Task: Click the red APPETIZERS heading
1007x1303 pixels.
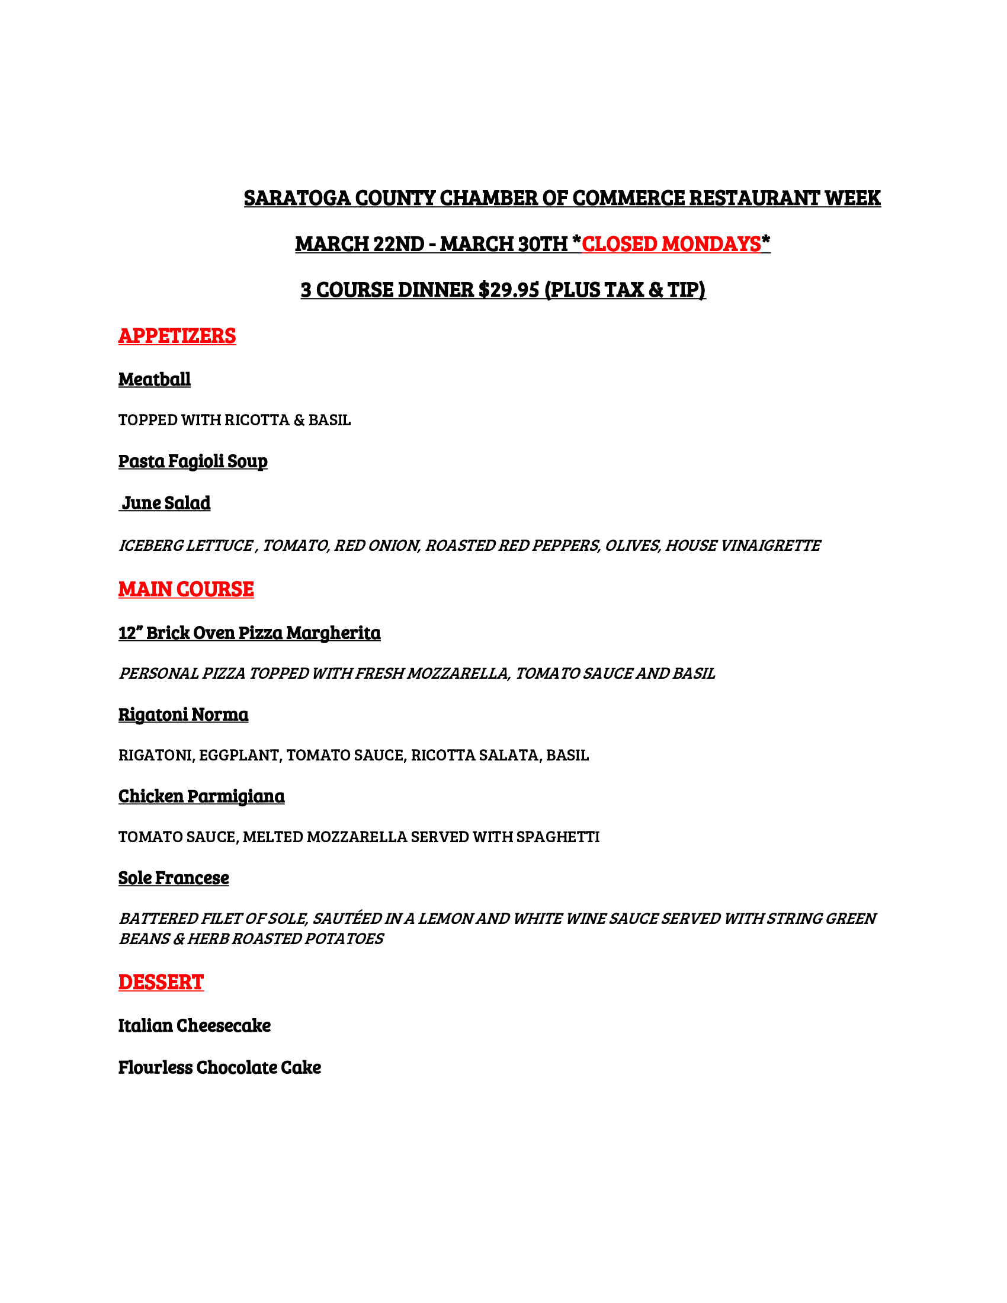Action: pos(177,336)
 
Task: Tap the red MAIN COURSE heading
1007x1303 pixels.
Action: pos(185,589)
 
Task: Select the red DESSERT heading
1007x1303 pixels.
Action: pos(161,983)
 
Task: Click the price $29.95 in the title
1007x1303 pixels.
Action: pos(508,290)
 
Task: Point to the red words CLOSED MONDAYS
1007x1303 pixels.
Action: pos(671,244)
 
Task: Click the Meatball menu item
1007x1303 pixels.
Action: pos(154,380)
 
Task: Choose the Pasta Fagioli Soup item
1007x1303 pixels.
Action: pos(193,461)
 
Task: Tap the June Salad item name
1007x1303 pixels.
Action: pos(166,503)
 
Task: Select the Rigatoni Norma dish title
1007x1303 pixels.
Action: pos(183,714)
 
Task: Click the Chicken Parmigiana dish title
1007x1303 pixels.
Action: pos(201,796)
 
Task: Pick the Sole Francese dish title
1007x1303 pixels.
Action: pos(173,878)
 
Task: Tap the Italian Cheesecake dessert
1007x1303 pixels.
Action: pos(194,1026)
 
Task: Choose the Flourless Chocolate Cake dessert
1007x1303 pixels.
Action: pos(219,1067)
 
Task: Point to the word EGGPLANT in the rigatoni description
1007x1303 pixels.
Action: pos(239,755)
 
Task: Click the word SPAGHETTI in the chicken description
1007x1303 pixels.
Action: pos(558,837)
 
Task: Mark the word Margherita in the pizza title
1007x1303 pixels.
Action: pos(333,633)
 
